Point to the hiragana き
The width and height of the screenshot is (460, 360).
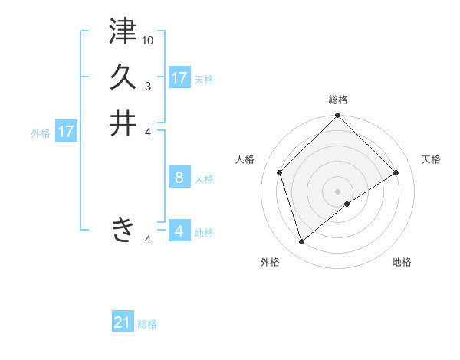click(123, 229)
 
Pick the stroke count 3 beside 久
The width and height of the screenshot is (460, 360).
click(148, 86)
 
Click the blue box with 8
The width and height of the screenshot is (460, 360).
click(179, 178)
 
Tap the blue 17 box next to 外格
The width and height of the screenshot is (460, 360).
click(66, 132)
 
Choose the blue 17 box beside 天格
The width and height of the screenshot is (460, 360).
click(179, 78)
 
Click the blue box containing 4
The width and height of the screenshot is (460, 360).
click(179, 231)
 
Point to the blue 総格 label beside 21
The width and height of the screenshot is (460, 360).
click(147, 324)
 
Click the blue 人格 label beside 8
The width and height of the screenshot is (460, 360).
click(204, 179)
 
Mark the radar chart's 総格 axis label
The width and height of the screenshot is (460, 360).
click(338, 100)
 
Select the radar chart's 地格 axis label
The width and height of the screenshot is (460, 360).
click(402, 262)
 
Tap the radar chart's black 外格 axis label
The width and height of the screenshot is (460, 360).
click(270, 262)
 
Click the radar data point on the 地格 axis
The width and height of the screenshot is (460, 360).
click(347, 204)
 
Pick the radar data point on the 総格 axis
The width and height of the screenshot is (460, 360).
click(338, 117)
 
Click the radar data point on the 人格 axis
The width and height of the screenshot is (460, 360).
click(280, 172)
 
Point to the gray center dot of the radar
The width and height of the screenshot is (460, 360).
click(338, 191)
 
